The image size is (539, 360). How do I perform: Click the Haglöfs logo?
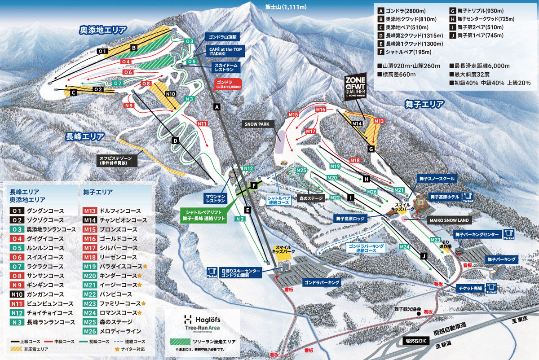202,320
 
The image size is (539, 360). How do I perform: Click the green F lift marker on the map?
254,184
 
